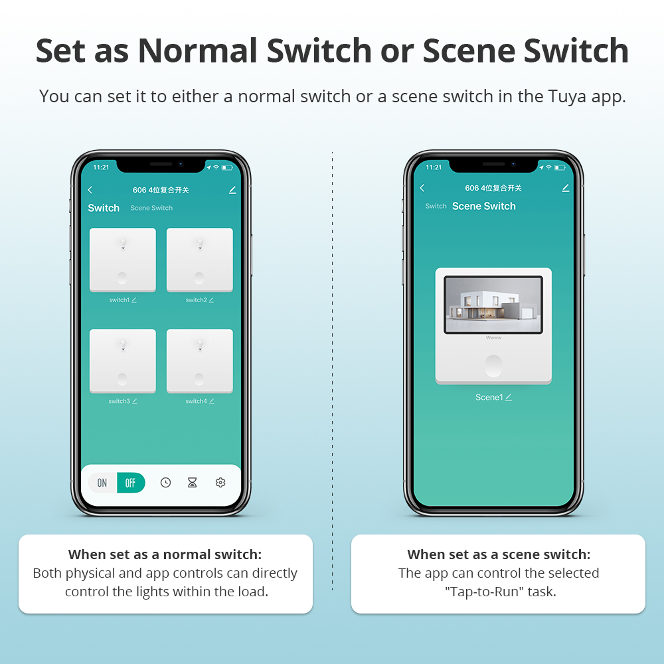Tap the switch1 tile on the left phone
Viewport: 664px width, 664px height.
(x=123, y=259)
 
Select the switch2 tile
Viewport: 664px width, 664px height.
(x=199, y=259)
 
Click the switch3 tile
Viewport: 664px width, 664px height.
(x=123, y=360)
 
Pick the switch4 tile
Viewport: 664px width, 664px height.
(x=199, y=360)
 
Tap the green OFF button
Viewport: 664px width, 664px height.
(x=131, y=483)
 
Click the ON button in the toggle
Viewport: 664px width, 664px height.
(x=102, y=483)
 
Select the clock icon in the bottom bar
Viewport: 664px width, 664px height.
(x=165, y=483)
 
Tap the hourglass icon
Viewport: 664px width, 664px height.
(x=193, y=483)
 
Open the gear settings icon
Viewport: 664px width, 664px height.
(x=220, y=483)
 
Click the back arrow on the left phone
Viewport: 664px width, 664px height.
(x=90, y=190)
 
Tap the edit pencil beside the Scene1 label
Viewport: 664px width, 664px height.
(x=509, y=397)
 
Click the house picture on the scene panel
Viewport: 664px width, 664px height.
(x=493, y=304)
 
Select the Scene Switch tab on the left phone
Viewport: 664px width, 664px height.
(x=151, y=208)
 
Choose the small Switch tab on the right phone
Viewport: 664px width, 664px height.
(x=436, y=207)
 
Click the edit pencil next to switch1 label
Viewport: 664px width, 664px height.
(x=134, y=300)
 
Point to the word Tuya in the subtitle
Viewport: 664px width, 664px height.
(x=568, y=96)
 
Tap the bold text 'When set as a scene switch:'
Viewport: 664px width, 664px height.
(x=499, y=554)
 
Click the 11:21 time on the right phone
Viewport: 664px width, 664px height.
(x=434, y=167)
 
